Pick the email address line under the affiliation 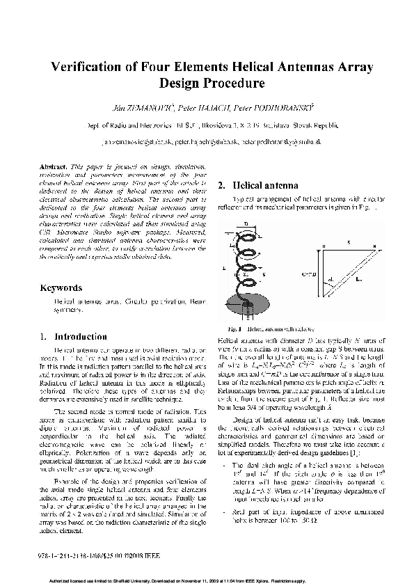tap(207, 141)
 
